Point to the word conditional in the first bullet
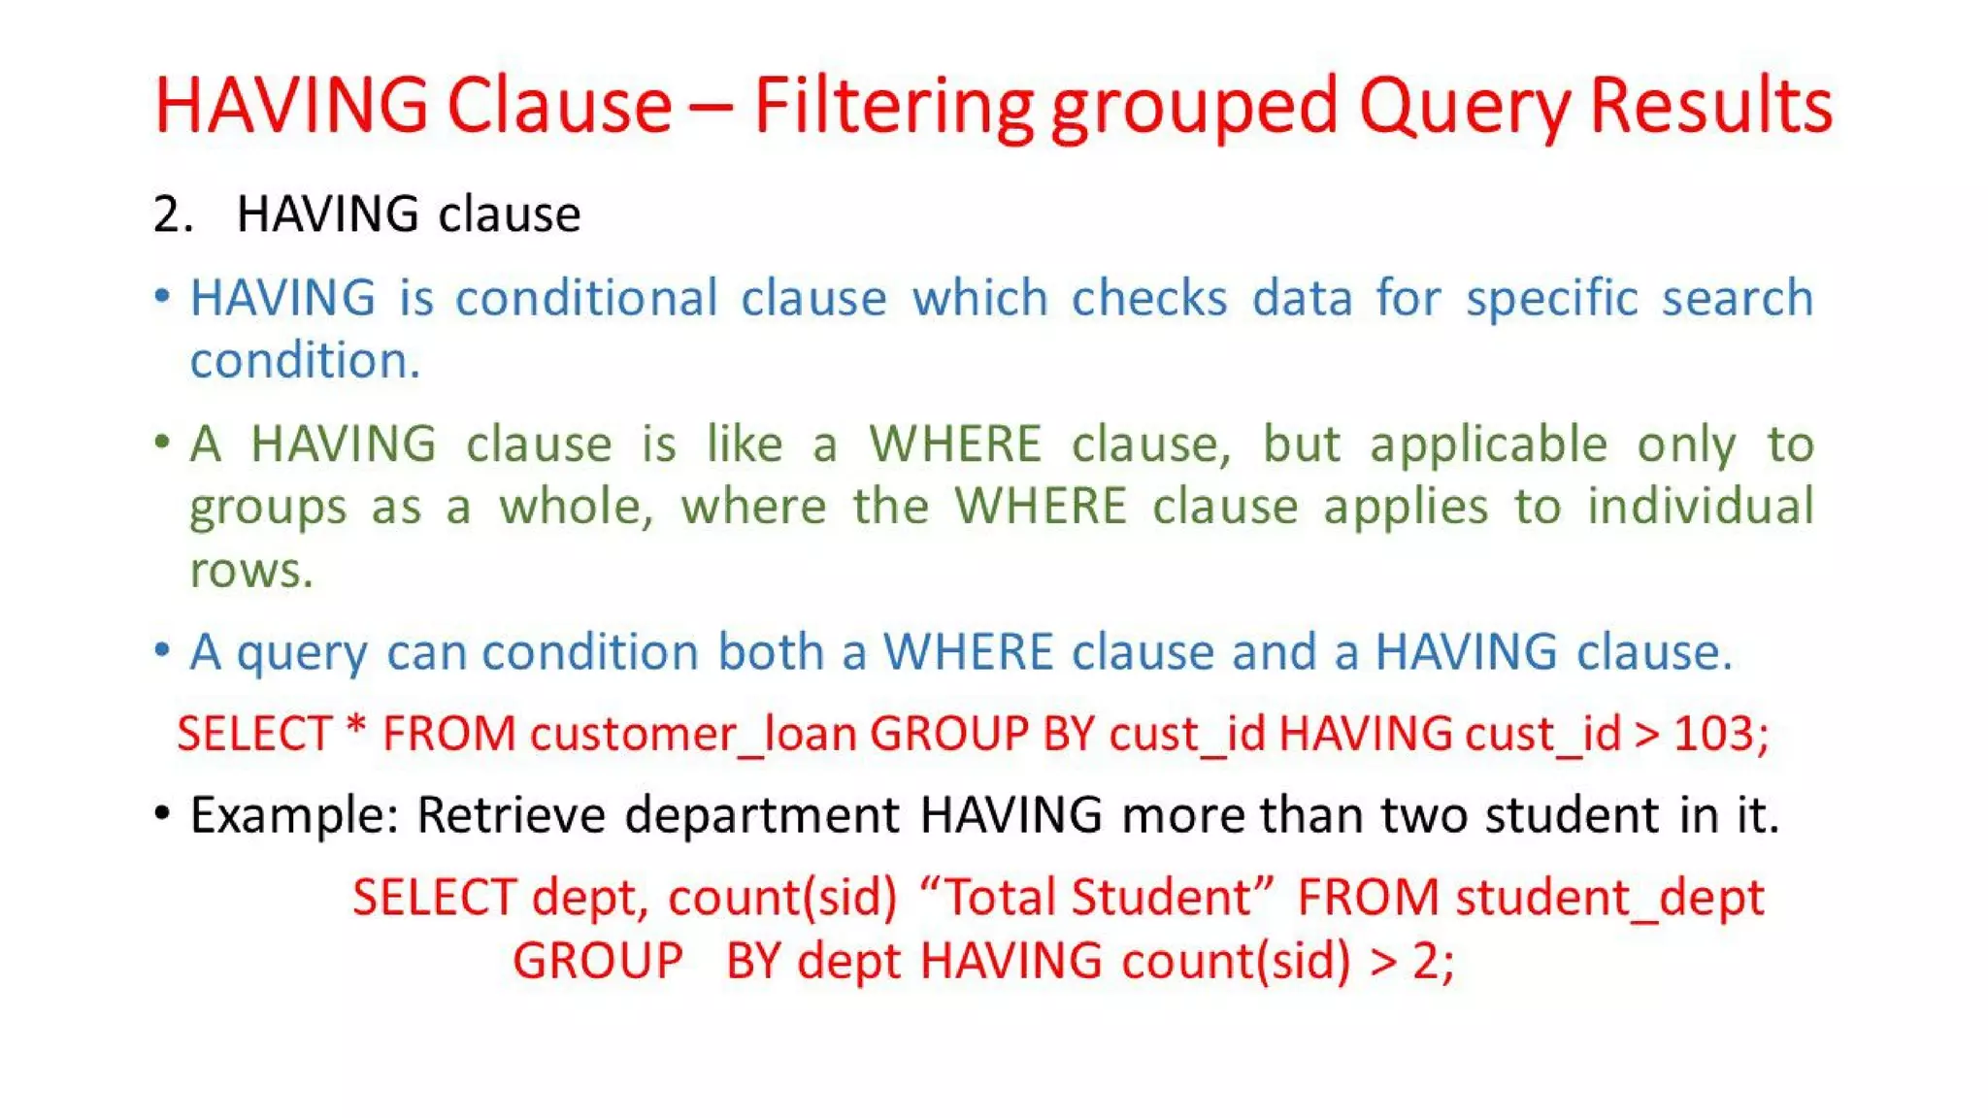tap(586, 298)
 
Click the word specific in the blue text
tap(1551, 298)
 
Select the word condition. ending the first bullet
tap(305, 361)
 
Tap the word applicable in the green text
tap(1488, 445)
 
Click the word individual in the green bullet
tap(1700, 507)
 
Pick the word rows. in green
tap(251, 571)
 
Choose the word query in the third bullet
tap(302, 653)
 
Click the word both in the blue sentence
tap(771, 651)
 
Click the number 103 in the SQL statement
tap(1715, 734)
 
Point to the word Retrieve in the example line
tap(511, 815)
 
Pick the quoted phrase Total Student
tap(1096, 898)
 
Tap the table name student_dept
tap(1609, 899)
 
